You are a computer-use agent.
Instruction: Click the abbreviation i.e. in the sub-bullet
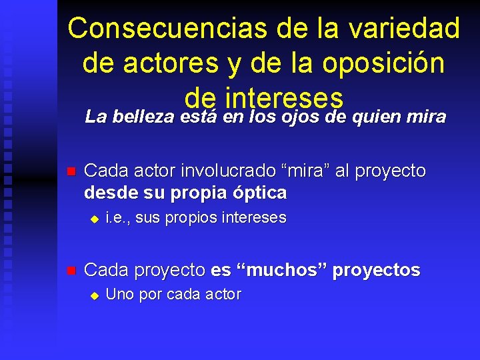116,218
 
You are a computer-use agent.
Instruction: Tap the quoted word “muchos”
280,270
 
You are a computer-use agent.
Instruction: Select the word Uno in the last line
119,295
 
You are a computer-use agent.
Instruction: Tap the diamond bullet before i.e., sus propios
95,219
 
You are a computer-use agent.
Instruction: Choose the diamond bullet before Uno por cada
95,295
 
